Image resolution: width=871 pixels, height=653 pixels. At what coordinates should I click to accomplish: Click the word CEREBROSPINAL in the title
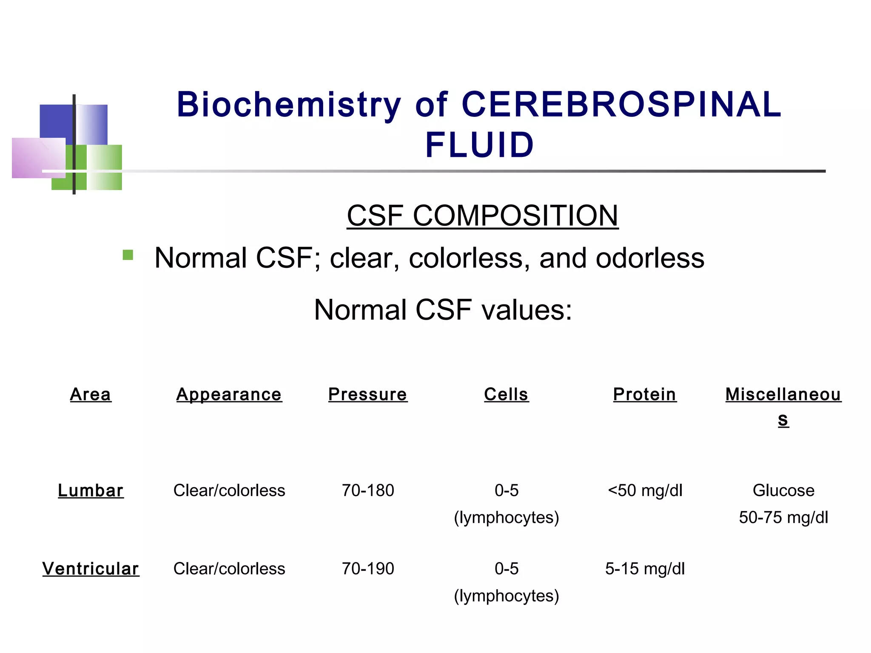click(x=621, y=105)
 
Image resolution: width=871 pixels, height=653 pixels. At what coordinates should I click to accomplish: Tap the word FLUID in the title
click(x=479, y=145)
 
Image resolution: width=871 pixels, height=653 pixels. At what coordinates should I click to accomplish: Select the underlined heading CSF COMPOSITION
click(x=482, y=216)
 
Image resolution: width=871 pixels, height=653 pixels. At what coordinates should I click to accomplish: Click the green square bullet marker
click(x=128, y=255)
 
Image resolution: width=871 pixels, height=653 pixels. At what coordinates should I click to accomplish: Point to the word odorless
click(x=650, y=258)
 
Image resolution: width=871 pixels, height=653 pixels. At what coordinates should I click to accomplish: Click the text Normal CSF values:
click(x=443, y=309)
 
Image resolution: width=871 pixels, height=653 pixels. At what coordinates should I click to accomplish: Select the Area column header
click(x=91, y=395)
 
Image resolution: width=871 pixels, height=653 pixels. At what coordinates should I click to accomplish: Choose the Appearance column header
click(x=229, y=395)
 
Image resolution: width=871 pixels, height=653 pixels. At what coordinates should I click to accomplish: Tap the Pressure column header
click(x=367, y=395)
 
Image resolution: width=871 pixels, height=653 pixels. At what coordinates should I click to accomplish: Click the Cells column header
click(x=506, y=395)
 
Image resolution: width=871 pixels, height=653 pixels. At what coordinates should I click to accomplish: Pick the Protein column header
click(x=644, y=395)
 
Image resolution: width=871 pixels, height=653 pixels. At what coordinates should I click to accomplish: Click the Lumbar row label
click(x=91, y=491)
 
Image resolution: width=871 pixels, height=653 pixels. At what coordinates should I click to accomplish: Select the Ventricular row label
click(x=91, y=569)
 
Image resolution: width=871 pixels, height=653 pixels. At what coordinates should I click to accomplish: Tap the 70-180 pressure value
click(x=368, y=491)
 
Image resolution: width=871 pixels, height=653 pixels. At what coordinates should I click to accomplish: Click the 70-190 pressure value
click(x=368, y=569)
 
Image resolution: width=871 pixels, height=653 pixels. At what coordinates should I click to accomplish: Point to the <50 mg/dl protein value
click(x=645, y=491)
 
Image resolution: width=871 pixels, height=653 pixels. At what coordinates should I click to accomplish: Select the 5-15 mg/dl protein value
click(x=645, y=569)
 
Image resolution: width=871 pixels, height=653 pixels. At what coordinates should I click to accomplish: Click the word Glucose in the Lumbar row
click(x=783, y=491)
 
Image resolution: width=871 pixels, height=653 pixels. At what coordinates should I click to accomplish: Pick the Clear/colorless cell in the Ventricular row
click(x=229, y=569)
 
